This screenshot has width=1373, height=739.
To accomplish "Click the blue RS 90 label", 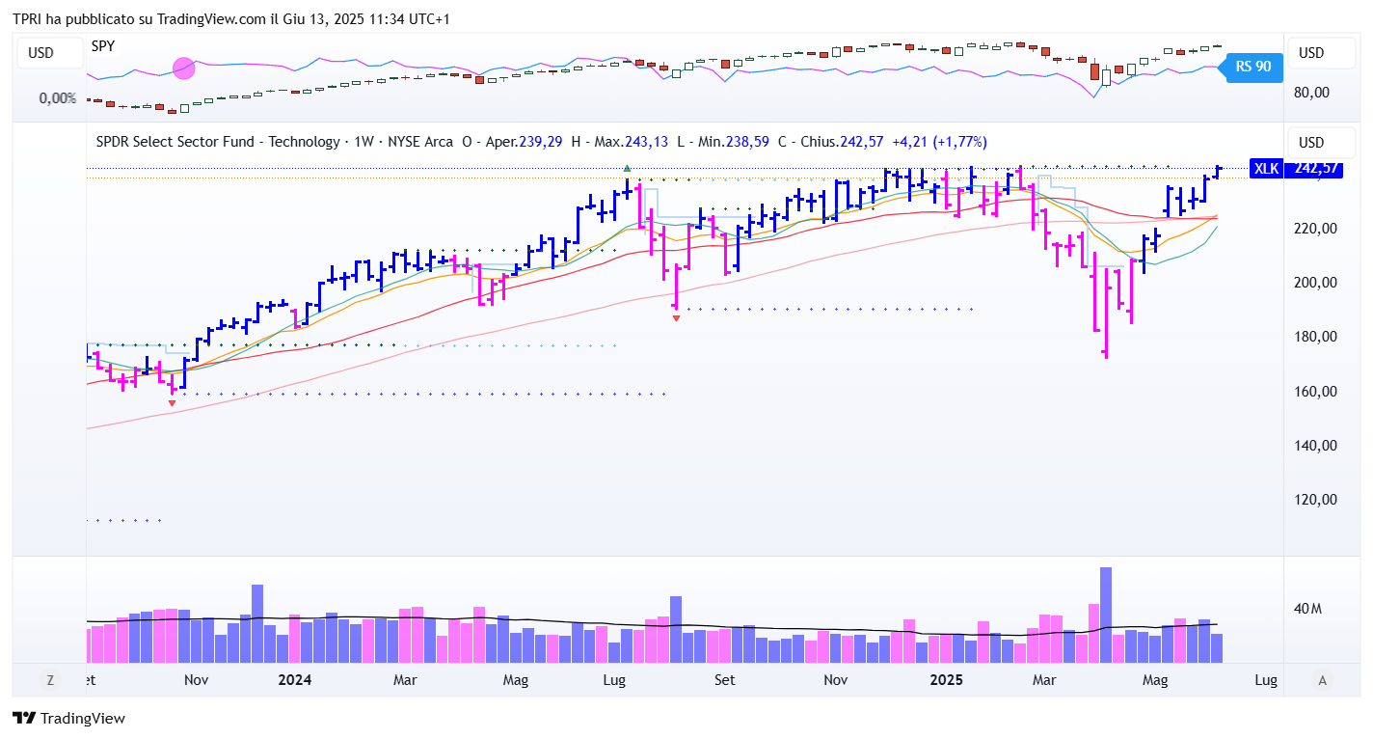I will coord(1253,67).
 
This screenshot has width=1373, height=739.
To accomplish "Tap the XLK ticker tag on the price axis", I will coord(1265,169).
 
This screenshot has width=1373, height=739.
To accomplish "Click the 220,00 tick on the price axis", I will coord(1315,229).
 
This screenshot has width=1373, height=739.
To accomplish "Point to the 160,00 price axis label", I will coord(1315,392).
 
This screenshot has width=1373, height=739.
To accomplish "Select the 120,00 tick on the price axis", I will coord(1315,500).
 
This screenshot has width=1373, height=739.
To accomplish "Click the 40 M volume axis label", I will coord(1307,609).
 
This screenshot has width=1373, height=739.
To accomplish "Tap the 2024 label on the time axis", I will coord(294,680).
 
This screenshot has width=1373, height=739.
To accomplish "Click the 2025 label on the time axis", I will coord(946,680).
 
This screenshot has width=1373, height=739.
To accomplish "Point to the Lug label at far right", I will coord(1265,680).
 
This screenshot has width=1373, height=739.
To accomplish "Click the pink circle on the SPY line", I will coord(183,68).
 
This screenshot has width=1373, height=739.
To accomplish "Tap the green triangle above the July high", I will coord(628,169).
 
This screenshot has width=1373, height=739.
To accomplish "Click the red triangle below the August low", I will coord(676,317).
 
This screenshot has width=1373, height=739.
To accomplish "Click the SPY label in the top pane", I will coord(103,45).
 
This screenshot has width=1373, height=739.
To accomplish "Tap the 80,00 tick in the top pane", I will coord(1311,93).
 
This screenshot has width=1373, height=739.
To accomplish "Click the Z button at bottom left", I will coord(49,680).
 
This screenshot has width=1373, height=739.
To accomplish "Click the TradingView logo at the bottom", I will coord(68,718).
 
